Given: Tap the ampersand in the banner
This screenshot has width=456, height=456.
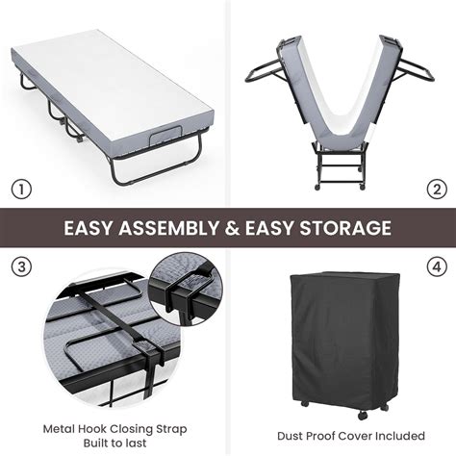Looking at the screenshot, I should coord(240,229).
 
